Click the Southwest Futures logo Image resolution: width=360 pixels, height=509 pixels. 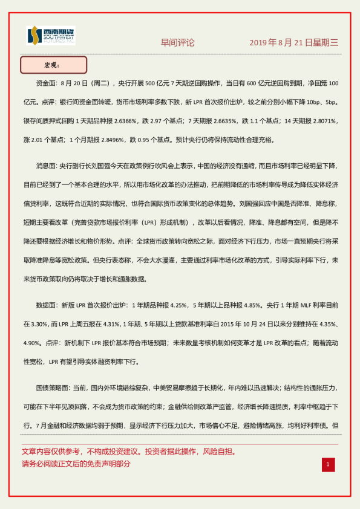(51, 36)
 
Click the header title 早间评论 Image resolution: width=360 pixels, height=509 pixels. (177, 43)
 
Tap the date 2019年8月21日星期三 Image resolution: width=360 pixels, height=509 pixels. (294, 43)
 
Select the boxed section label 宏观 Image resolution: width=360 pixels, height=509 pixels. (53, 65)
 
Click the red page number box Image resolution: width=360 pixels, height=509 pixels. (328, 464)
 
